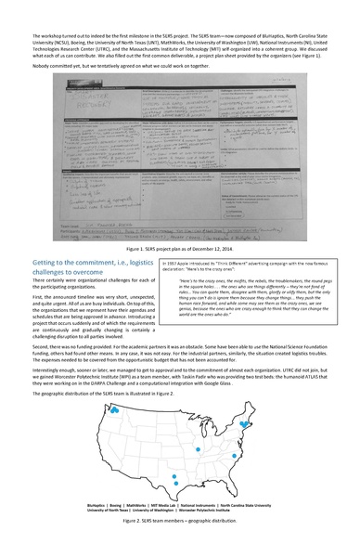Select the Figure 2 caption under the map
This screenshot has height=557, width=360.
[x=180, y=523]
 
